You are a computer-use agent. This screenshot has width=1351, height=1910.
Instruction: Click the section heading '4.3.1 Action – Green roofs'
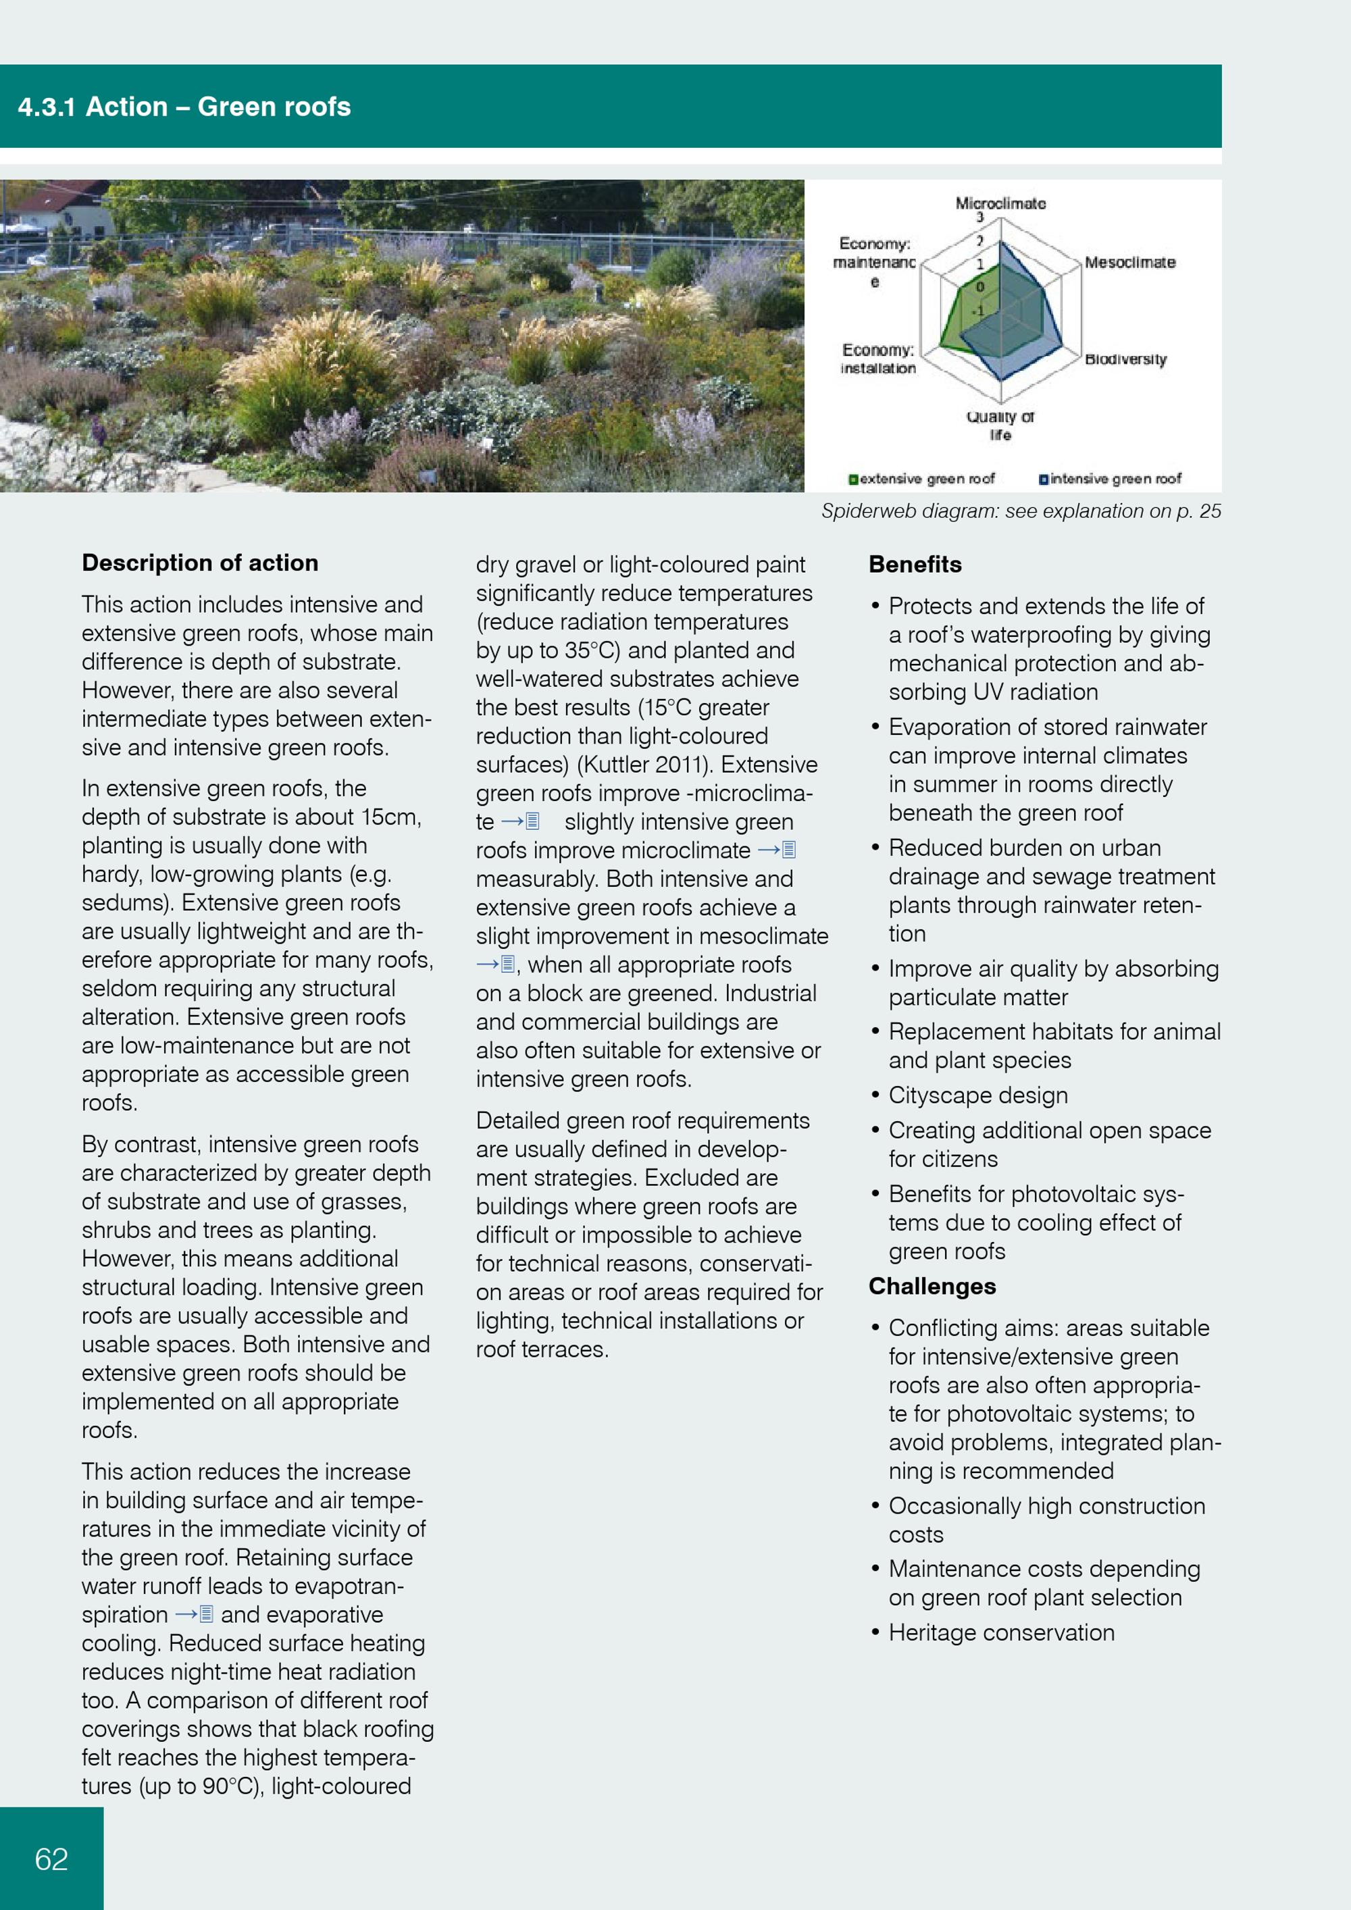184,107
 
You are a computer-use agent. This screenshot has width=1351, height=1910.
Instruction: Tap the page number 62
51,1859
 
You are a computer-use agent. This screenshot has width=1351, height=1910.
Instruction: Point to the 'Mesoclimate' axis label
1129,263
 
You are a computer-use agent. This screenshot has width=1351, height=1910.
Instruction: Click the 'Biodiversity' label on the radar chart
1125,359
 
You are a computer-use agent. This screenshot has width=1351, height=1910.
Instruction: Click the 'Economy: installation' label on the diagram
877,359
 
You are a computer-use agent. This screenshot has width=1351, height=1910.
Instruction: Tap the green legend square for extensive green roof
852,479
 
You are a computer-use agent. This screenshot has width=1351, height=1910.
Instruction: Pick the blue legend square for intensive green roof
1043,479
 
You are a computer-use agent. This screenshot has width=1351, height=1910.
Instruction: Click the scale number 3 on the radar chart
980,217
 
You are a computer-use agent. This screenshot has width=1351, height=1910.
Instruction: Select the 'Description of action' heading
200,563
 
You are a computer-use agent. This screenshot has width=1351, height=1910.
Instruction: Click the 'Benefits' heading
915,565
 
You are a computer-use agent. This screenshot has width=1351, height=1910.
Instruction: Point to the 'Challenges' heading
932,1286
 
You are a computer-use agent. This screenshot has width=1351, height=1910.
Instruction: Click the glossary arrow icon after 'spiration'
195,1615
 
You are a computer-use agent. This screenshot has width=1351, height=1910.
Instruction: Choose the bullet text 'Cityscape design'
977,1095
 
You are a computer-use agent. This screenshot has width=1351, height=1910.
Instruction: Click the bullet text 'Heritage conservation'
1001,1633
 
